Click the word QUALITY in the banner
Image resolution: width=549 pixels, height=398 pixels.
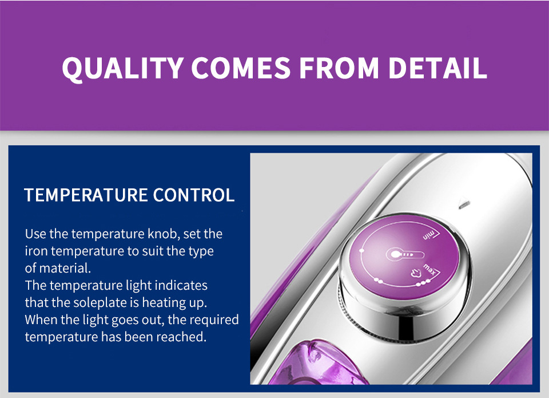pos(122,68)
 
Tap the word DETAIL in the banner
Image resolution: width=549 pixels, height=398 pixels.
pos(437,68)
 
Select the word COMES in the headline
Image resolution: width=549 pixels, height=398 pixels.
pos(241,68)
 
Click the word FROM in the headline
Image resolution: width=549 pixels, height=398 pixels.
pos(339,68)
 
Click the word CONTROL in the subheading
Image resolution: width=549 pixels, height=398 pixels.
pos(194,195)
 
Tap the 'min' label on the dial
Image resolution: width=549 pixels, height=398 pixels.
pos(428,235)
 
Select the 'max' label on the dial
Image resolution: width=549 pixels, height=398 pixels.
pos(429,269)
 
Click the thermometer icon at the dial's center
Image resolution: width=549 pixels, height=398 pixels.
pos(405,255)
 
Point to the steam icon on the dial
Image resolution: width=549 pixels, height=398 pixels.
pos(416,273)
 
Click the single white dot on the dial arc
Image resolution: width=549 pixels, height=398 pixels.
pos(361,250)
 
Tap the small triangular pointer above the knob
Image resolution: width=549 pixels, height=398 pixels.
pos(464,204)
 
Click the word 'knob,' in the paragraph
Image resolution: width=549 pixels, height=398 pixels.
pos(164,234)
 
